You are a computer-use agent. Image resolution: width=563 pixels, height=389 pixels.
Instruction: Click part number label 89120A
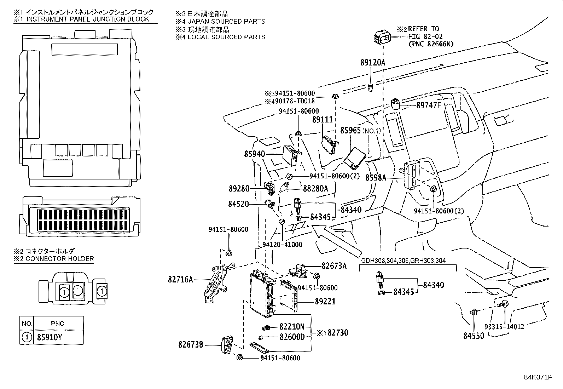click(373, 63)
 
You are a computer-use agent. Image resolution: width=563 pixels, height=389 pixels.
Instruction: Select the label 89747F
click(429, 105)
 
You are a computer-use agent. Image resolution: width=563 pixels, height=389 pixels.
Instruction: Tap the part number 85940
click(254, 154)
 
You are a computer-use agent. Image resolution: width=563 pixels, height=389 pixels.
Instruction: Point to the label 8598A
click(376, 178)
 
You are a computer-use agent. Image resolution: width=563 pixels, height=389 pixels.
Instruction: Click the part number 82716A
click(180, 280)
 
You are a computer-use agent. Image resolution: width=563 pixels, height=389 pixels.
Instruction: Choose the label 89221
click(325, 302)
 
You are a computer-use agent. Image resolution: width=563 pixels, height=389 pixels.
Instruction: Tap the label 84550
click(474, 336)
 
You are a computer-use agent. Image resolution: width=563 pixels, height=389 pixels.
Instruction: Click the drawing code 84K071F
click(538, 377)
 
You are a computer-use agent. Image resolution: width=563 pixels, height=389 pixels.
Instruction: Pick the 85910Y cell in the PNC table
click(50, 337)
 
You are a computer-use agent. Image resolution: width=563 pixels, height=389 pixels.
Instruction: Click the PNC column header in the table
click(57, 324)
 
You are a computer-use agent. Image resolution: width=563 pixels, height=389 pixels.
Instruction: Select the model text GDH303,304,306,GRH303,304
click(403, 261)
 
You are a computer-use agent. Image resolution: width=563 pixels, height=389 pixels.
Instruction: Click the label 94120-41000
click(282, 245)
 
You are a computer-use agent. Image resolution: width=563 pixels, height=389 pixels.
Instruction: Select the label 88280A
click(315, 189)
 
